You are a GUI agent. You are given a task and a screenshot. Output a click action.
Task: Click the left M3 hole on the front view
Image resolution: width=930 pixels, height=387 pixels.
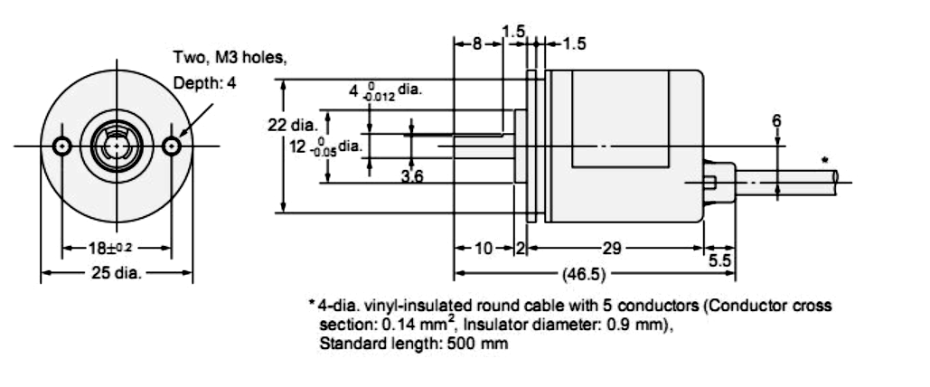62,146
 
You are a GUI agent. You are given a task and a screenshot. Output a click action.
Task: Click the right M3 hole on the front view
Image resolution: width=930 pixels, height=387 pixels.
172,146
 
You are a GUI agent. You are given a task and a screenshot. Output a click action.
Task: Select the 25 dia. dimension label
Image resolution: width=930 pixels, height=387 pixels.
117,273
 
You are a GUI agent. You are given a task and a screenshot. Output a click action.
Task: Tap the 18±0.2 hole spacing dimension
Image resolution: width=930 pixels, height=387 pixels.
110,248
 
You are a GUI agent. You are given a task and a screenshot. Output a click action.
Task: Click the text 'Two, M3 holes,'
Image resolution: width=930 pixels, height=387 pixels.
230,58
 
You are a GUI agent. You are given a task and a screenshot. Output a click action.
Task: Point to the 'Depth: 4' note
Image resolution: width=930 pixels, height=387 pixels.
204,83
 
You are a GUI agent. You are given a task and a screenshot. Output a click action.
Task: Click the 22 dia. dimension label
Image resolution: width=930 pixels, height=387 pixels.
293,126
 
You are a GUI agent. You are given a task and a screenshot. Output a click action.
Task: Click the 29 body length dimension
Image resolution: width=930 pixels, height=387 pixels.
612,248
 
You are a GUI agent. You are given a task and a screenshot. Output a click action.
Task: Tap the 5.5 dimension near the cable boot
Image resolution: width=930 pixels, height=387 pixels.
720,260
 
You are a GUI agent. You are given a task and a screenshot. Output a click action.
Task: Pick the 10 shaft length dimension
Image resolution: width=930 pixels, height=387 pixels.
484,248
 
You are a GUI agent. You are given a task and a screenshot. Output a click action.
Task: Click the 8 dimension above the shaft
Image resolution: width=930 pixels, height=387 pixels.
477,44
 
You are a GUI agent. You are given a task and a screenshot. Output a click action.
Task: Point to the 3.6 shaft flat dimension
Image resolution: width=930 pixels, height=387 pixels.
411,176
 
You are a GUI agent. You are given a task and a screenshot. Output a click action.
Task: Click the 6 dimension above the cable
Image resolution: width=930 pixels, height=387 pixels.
776,121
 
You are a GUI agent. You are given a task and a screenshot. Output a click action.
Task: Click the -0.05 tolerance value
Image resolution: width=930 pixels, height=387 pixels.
324,152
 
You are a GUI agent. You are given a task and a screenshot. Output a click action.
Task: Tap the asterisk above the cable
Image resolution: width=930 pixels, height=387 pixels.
824,160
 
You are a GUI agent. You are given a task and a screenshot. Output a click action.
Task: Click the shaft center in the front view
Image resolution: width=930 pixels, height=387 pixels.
117,146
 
